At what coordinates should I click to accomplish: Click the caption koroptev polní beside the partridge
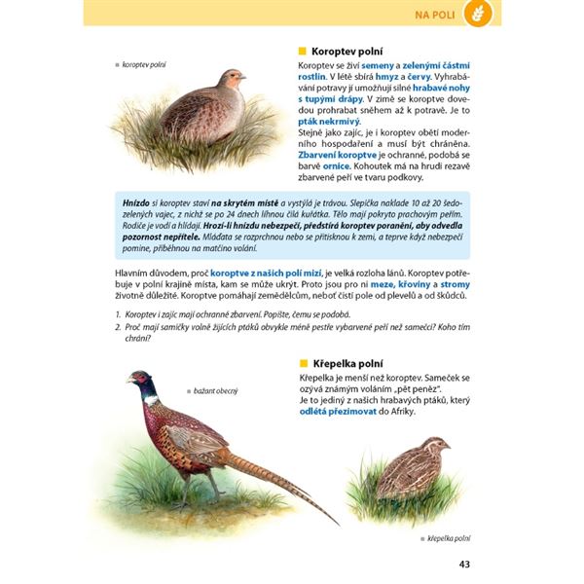coord(144,65)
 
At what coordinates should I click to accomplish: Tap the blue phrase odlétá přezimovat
coord(335,412)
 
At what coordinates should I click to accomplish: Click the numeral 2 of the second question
coord(117,329)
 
